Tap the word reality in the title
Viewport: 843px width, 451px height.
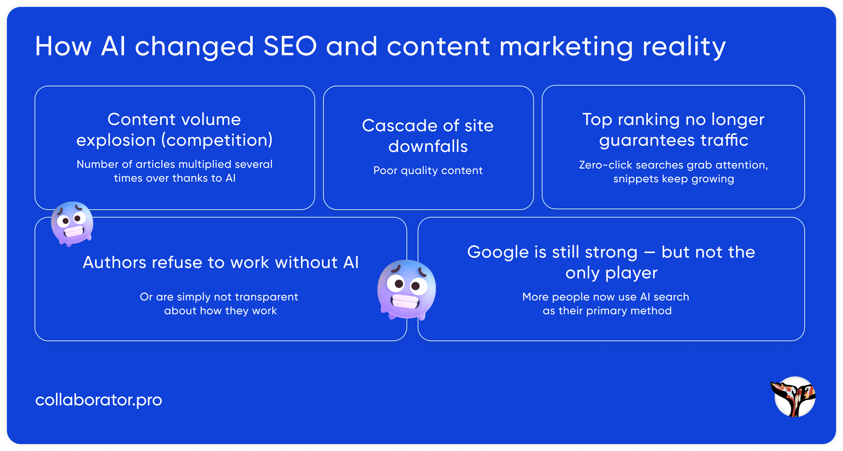click(x=684, y=48)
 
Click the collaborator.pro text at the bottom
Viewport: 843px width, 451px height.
click(x=98, y=400)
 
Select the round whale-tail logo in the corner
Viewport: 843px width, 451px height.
click(x=794, y=396)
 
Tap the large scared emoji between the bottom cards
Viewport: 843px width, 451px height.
click(x=407, y=289)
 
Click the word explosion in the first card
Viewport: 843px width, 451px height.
click(x=116, y=140)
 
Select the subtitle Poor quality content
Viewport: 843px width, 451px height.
click(x=428, y=171)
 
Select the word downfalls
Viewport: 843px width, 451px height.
click(x=428, y=146)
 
